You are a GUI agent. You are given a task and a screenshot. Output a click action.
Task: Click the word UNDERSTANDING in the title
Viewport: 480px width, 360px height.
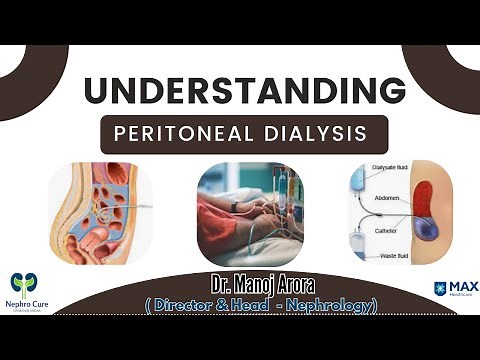244,90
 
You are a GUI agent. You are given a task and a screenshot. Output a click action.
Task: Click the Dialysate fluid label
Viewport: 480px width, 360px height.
392,168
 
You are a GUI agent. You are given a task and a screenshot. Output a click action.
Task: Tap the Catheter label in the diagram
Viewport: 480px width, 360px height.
391,229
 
